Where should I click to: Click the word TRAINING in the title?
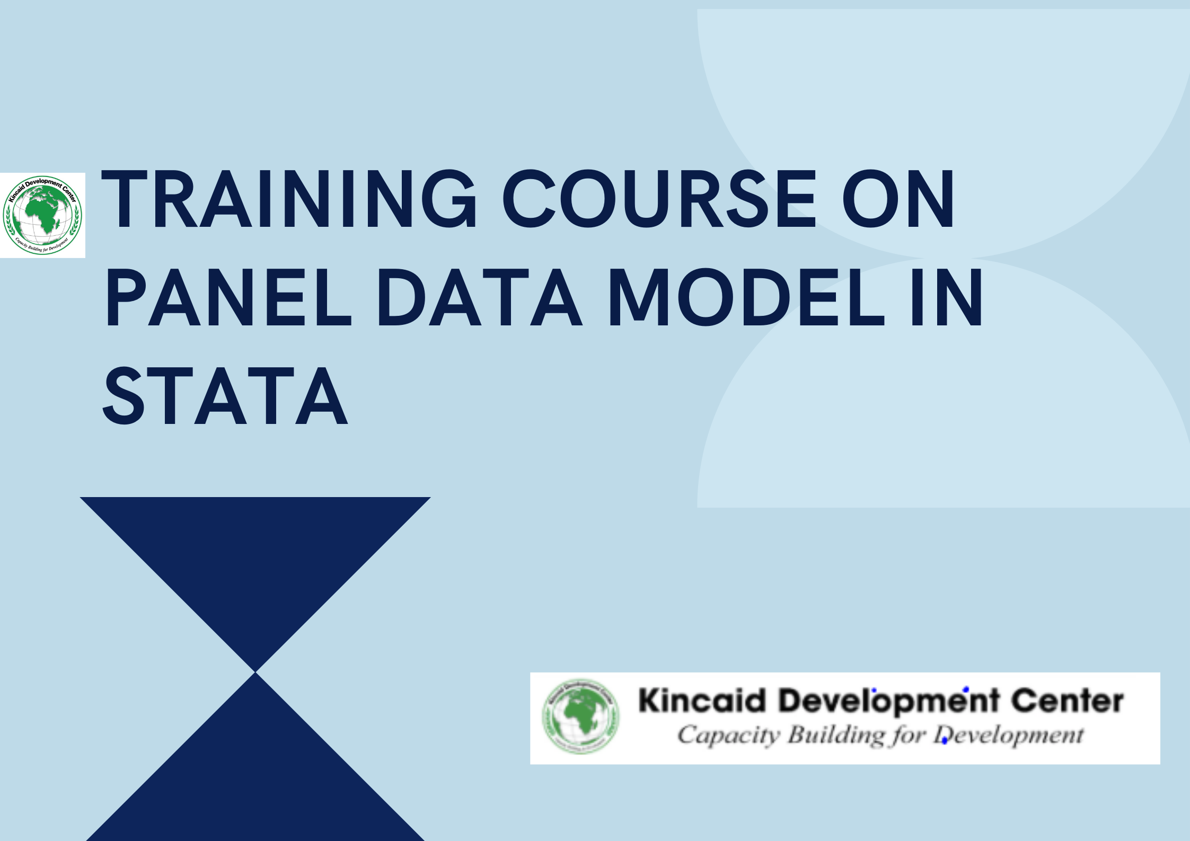(x=289, y=199)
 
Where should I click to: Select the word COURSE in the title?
(x=659, y=199)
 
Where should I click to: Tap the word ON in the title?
(x=898, y=199)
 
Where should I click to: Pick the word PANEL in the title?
(x=228, y=297)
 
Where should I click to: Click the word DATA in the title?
(x=479, y=297)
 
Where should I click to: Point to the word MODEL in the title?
(x=747, y=297)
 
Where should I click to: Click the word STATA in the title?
(x=225, y=396)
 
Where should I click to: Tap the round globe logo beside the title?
(x=42, y=215)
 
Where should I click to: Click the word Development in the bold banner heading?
(x=889, y=701)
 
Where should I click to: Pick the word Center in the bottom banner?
(x=1067, y=701)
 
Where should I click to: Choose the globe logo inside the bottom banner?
(x=580, y=716)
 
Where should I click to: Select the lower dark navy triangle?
(x=255, y=779)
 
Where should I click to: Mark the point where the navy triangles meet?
(x=255, y=672)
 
